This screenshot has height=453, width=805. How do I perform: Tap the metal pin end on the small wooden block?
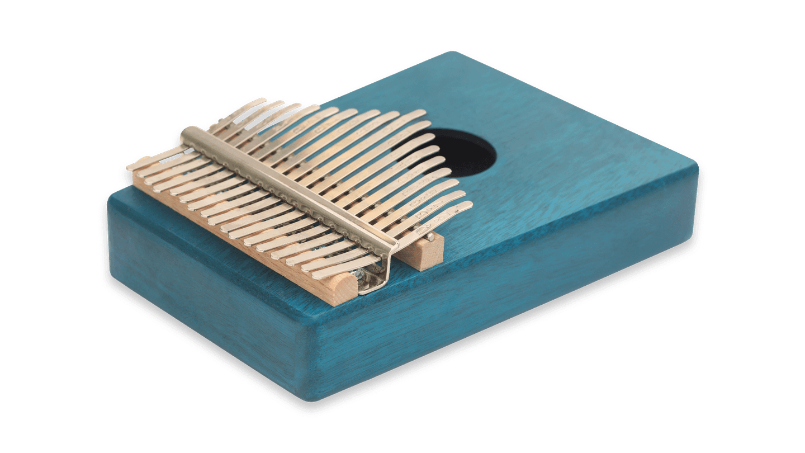coord(430,237)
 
